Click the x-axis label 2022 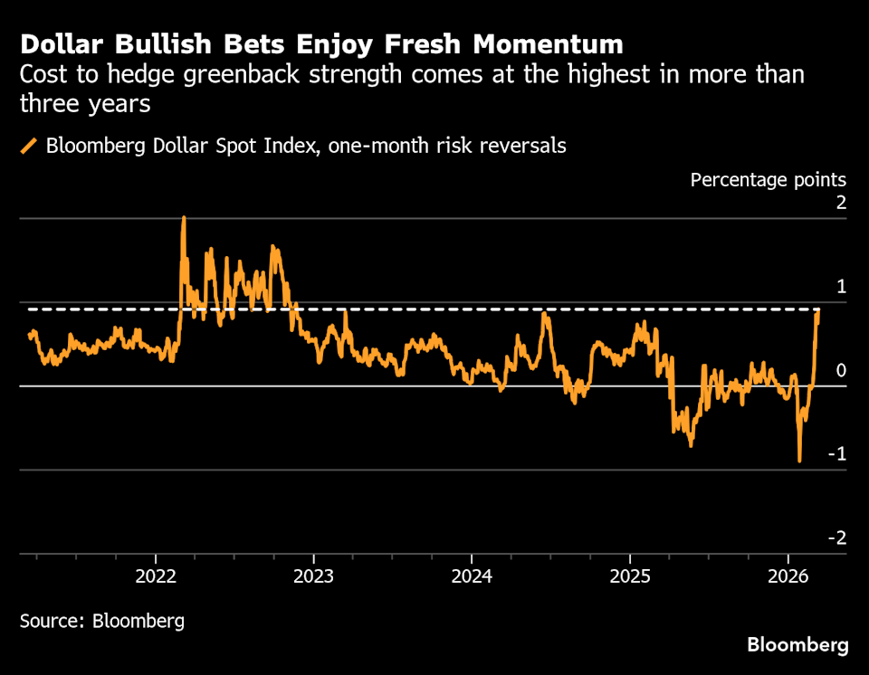[156, 575]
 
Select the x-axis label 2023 [313, 575]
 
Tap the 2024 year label [472, 575]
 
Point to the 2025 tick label [630, 575]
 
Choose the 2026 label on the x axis [788, 575]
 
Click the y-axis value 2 [841, 203]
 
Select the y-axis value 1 [841, 287]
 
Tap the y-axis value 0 [841, 370]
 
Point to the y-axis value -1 [838, 454]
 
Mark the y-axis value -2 [838, 538]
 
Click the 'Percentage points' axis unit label [768, 179]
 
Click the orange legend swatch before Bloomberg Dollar [29, 146]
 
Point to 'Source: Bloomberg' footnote [102, 621]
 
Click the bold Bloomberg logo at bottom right [797, 645]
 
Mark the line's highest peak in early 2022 [184, 218]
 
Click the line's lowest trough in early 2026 [799, 461]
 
